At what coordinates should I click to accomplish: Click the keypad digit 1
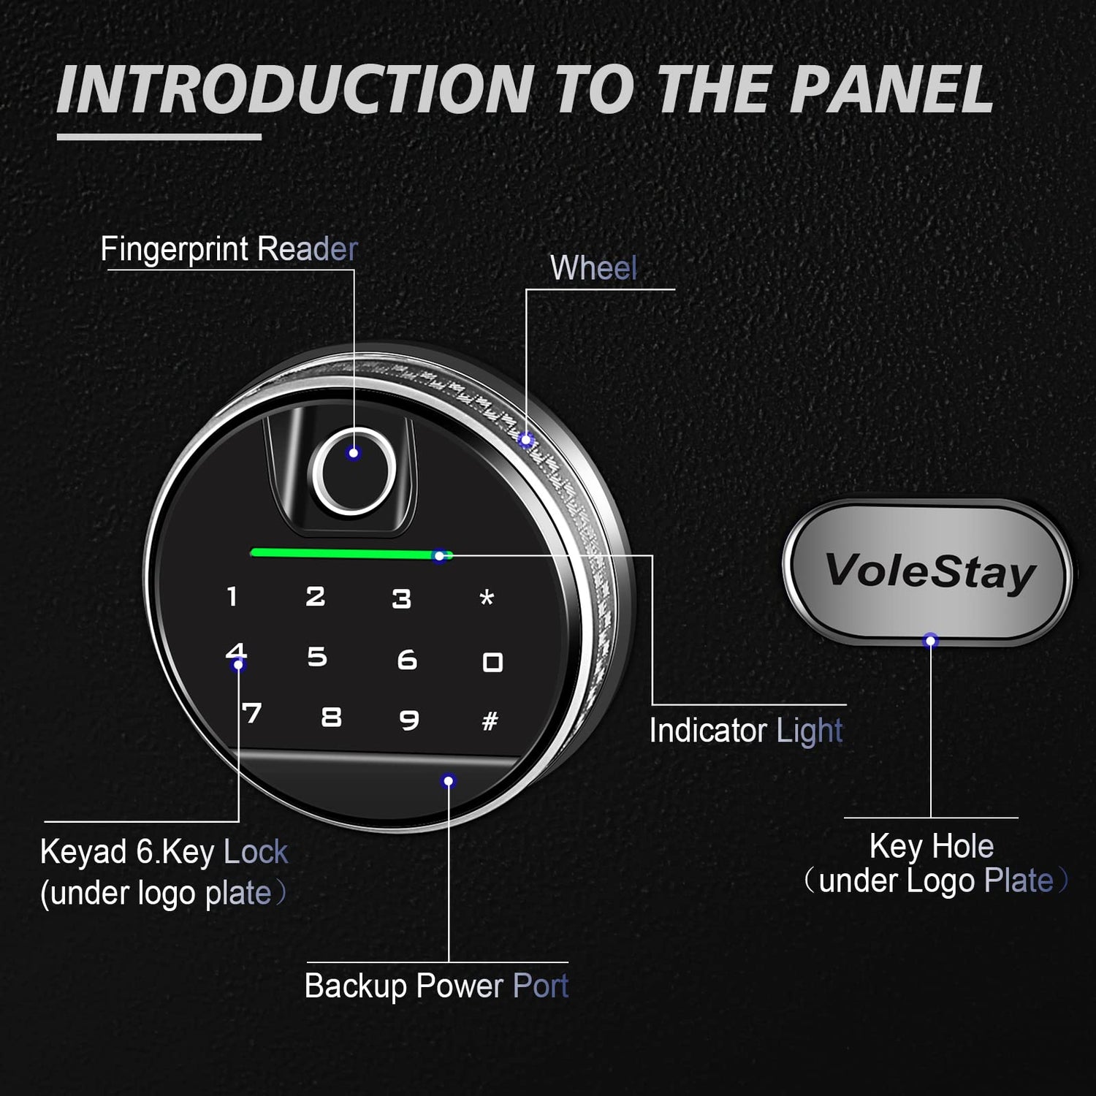[x=232, y=596]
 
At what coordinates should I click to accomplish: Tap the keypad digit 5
[x=316, y=657]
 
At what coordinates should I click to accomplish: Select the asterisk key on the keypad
[x=487, y=598]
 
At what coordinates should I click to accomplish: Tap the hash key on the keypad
[x=490, y=721]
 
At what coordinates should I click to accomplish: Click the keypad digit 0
[x=492, y=662]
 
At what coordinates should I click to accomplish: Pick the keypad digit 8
[x=332, y=717]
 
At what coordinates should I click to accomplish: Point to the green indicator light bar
[x=351, y=554]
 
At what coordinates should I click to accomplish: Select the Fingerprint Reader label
[x=229, y=249]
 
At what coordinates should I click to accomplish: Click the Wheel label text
[x=593, y=267]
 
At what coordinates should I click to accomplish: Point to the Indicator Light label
[x=746, y=731]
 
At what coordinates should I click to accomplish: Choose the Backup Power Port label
[x=436, y=986]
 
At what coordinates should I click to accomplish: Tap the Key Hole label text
[x=932, y=846]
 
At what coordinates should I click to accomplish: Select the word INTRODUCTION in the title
[x=295, y=90]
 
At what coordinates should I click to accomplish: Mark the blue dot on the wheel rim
[x=526, y=440]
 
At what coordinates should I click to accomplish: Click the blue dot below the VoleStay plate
[x=930, y=641]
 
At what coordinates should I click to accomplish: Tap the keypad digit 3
[x=401, y=599]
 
